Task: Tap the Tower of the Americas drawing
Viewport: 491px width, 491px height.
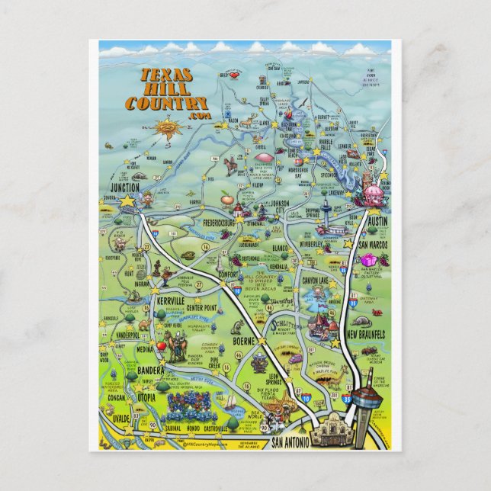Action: [x=364, y=396]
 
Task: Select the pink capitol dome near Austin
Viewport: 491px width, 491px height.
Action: [x=373, y=195]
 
